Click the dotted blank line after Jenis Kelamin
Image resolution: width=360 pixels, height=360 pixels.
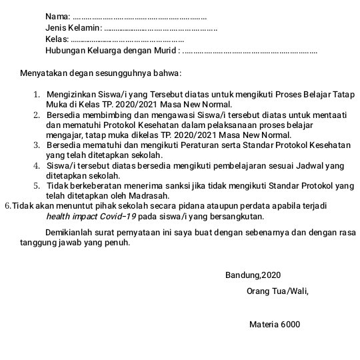click(161, 28)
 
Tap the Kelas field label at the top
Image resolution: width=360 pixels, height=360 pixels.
click(57, 40)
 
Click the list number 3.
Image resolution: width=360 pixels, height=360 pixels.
click(37, 145)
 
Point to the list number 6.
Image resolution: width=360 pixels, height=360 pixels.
click(7, 206)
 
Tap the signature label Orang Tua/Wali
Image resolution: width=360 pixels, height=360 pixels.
click(277, 291)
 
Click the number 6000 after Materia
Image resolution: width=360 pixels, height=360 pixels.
click(290, 325)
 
